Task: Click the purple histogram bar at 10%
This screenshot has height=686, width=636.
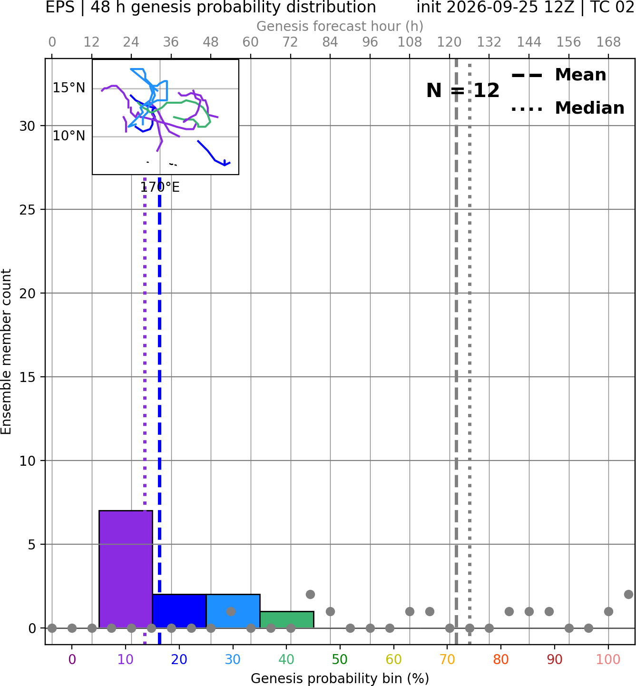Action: [x=126, y=569]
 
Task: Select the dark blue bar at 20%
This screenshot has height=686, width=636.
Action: [x=179, y=611]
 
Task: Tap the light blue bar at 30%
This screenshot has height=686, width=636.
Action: [x=233, y=611]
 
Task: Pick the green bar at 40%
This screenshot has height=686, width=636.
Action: [x=287, y=620]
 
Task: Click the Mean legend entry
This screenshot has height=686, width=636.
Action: [x=558, y=75]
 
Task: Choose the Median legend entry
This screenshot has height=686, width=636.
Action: [x=568, y=108]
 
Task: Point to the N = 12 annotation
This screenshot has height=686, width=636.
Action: [x=463, y=90]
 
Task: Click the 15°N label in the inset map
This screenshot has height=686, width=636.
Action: [x=69, y=88]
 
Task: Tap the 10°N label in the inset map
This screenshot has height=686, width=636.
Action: [x=69, y=136]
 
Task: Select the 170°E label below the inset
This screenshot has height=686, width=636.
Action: [x=160, y=187]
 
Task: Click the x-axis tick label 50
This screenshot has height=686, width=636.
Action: [x=340, y=660]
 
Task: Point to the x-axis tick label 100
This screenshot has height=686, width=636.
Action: [x=608, y=660]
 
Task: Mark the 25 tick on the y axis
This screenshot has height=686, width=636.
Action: [x=28, y=210]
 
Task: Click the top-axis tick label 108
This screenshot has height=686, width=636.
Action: [x=410, y=42]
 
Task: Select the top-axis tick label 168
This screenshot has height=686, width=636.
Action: [x=608, y=42]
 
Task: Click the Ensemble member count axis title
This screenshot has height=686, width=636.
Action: [x=6, y=352]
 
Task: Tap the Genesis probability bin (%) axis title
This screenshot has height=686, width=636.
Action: [x=340, y=678]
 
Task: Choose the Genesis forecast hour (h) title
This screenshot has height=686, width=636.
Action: [x=340, y=26]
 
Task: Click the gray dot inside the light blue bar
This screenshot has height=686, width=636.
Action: [x=231, y=611]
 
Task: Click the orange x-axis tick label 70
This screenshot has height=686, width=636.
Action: [x=447, y=660]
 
